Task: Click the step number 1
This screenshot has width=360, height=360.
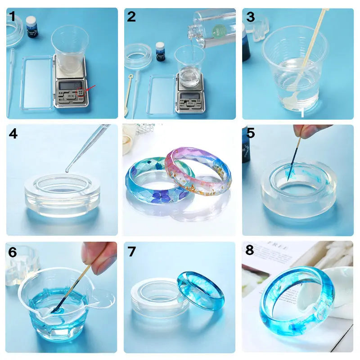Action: click(x=13, y=17)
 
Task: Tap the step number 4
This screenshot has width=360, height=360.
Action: click(x=13, y=134)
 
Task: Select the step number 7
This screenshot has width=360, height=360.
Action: click(x=131, y=252)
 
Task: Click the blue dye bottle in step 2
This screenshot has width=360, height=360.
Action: click(x=160, y=51)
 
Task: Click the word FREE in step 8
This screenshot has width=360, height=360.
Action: click(x=279, y=248)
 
